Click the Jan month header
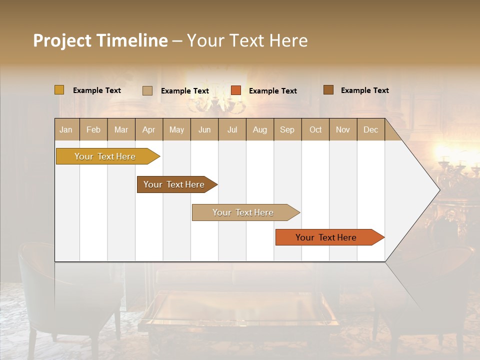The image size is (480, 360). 66,129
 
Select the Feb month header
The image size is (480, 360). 93,129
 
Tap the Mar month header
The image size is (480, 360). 121,129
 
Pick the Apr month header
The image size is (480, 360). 149,129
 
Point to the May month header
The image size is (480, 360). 176,129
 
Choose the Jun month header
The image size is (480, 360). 204,129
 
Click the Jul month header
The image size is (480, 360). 232,129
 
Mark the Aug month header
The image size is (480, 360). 260,129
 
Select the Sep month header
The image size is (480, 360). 287,129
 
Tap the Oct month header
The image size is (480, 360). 315,129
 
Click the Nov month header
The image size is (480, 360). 343,129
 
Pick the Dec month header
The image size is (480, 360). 371,129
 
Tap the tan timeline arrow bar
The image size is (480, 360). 243,212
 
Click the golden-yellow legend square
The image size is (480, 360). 59,90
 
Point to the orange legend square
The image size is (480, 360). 236,90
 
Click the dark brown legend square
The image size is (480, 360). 328,90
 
